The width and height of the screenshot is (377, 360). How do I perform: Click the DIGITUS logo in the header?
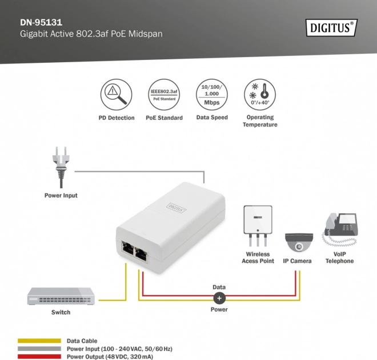pos(331,27)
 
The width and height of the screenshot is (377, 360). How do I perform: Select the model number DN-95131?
pos(41,22)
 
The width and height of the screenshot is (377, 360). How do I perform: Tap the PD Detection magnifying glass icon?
pos(117,95)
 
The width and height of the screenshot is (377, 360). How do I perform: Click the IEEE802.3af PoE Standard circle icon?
pos(164,95)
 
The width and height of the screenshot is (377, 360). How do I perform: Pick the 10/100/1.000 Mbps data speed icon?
pos(212,95)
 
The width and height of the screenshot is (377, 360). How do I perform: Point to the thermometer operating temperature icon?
pos(260,95)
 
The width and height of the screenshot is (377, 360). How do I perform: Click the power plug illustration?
pos(61,167)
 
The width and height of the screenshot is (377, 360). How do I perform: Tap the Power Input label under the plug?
pos(61,196)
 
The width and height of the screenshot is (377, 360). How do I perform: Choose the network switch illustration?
pos(61,296)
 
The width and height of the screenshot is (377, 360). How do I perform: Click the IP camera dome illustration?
pos(299,242)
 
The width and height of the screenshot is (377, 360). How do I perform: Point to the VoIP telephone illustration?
pos(340,229)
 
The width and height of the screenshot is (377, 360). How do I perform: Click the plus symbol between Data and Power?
pos(219,298)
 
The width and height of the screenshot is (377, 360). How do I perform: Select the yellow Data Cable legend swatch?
pos(39,341)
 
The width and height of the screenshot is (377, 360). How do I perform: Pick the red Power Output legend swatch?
pos(39,357)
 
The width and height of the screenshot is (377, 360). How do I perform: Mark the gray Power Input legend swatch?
pos(39,349)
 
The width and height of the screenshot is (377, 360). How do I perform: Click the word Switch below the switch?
pos(61,312)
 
